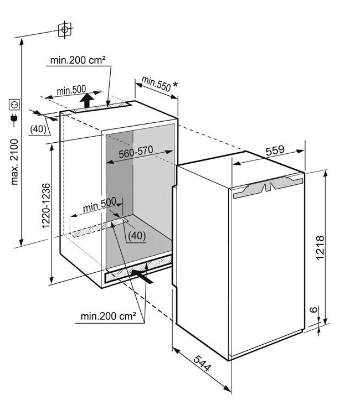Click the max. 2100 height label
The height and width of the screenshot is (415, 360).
(14, 162)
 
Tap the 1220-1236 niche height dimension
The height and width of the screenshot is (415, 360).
(46, 205)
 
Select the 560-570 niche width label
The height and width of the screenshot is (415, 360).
(136, 152)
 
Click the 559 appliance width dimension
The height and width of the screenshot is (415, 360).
(275, 151)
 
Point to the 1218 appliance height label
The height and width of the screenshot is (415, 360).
(320, 248)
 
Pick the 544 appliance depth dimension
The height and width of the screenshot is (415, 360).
(202, 363)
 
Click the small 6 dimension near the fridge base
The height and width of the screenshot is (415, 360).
(313, 309)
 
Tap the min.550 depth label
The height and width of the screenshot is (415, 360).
(156, 84)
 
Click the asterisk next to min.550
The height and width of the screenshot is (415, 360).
(175, 85)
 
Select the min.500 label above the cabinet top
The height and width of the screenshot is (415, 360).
(71, 90)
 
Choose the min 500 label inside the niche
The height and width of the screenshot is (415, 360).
(99, 205)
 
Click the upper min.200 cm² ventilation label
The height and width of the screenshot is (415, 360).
(78, 60)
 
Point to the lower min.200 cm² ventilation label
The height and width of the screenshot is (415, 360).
(109, 316)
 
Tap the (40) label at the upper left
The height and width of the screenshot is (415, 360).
(38, 129)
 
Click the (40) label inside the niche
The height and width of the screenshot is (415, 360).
(137, 235)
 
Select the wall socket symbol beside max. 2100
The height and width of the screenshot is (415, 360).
(14, 104)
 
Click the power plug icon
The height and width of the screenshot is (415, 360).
(14, 119)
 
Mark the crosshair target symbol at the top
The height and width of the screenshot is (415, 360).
(65, 30)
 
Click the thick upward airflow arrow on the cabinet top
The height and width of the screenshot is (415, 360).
(87, 100)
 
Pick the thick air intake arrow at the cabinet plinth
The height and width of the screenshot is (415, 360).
(142, 276)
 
